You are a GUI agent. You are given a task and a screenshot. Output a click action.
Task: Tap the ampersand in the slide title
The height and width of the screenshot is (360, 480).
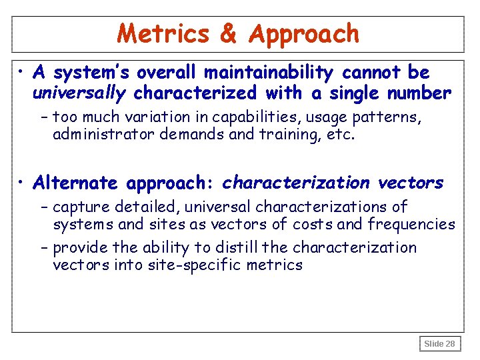pyautogui.click(x=228, y=33)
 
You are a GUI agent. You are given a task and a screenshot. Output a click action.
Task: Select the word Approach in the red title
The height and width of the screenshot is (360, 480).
pyautogui.click(x=303, y=33)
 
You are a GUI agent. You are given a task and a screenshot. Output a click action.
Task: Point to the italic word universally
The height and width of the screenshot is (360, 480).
pyautogui.click(x=79, y=93)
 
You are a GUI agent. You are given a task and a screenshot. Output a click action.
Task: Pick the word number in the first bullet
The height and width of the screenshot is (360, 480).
pyautogui.click(x=418, y=93)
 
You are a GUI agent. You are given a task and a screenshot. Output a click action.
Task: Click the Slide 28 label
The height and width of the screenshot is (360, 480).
pyautogui.click(x=439, y=344)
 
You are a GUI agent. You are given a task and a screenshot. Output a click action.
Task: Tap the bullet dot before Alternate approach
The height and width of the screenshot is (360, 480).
pyautogui.click(x=23, y=183)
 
